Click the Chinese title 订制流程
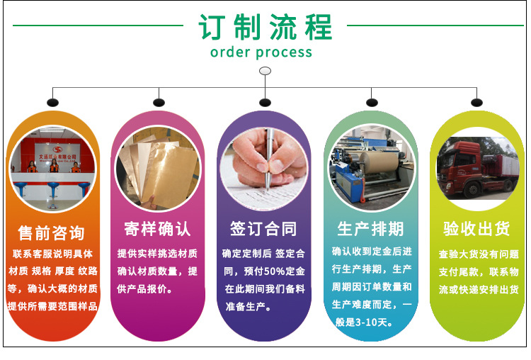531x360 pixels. click(x=265, y=27)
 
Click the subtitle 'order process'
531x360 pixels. click(x=261, y=52)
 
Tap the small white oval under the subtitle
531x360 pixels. click(x=265, y=70)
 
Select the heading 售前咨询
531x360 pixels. click(x=51, y=232)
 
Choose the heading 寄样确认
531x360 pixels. click(x=157, y=229)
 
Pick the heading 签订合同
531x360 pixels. click(x=263, y=229)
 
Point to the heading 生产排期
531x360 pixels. click(x=370, y=229)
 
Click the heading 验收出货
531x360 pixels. click(x=476, y=229)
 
